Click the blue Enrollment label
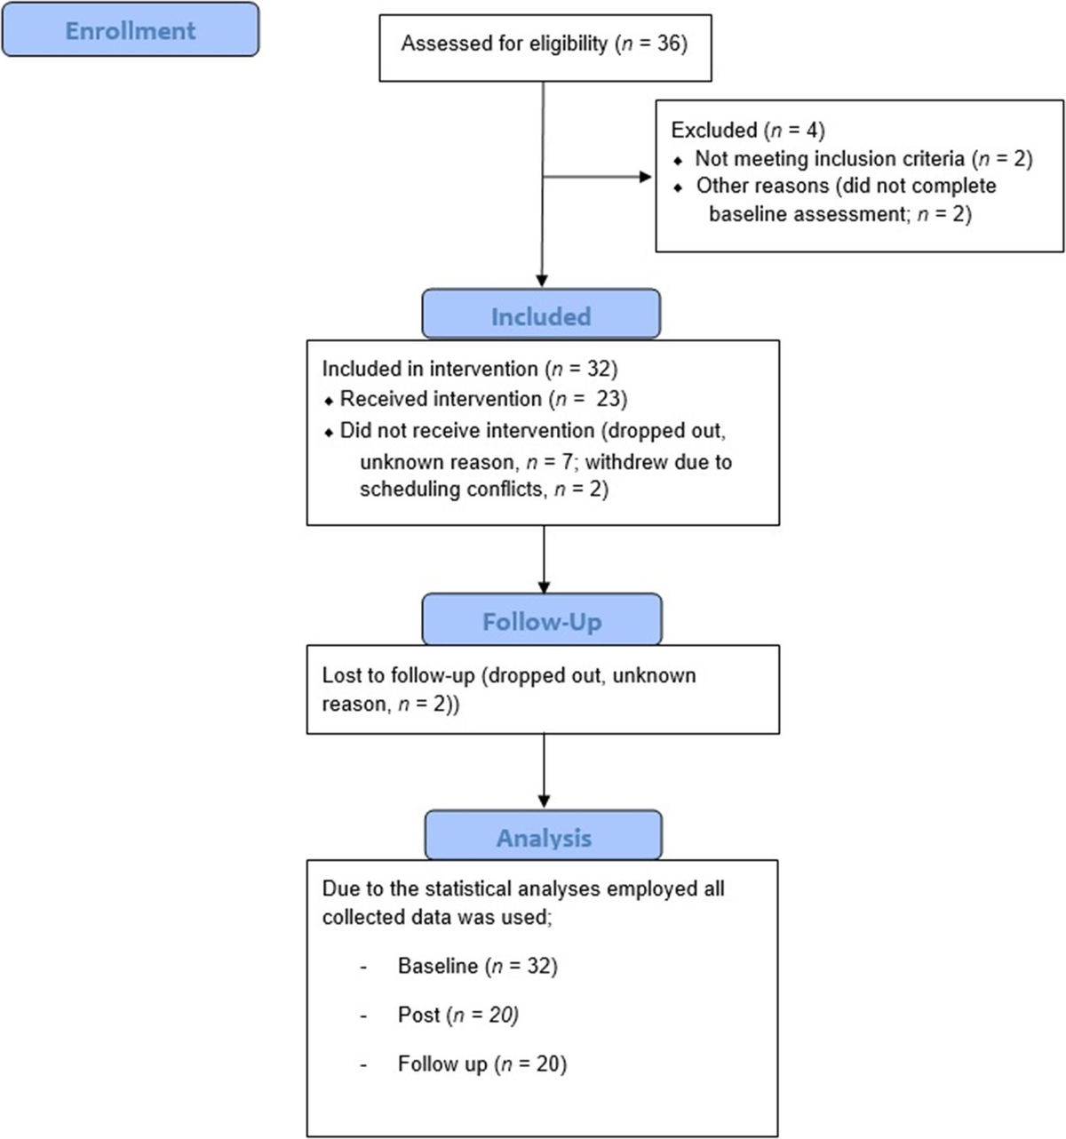point(130,30)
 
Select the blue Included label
point(540,315)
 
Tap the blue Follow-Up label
point(541,620)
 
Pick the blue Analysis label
point(543,837)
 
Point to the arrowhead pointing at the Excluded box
point(646,177)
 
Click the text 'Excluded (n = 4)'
point(747,130)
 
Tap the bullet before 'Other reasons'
point(680,188)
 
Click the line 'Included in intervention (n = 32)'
point(469,369)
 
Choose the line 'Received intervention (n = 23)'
point(483,399)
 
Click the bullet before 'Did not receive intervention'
point(328,432)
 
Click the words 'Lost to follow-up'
point(398,675)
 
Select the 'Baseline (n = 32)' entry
point(477,966)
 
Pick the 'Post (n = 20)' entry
point(457,1015)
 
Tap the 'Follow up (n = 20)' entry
point(481,1063)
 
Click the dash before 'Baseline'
point(363,967)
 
